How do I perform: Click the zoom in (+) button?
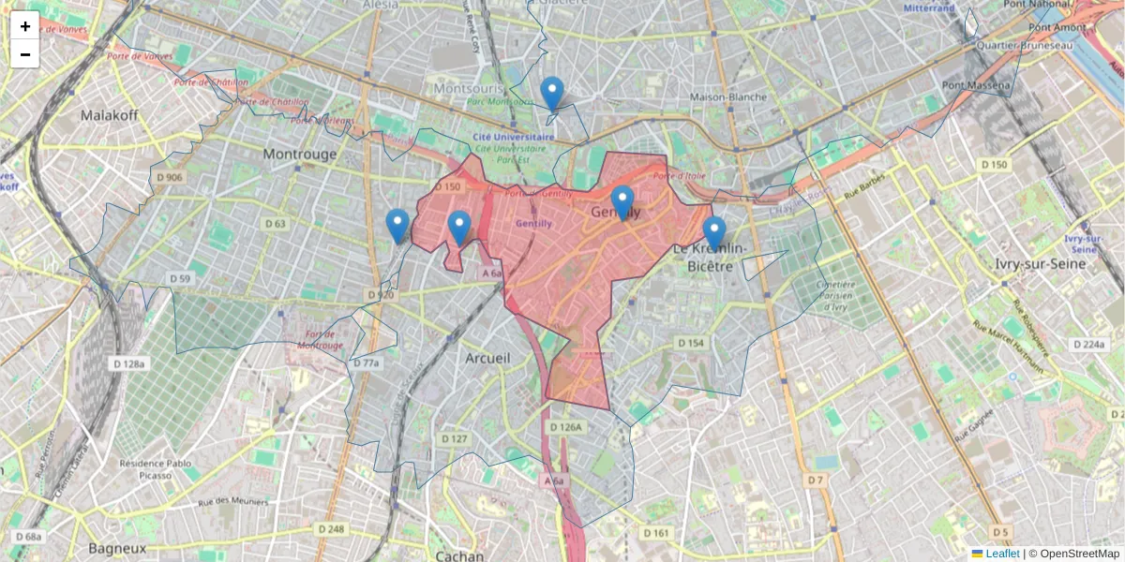click(x=25, y=26)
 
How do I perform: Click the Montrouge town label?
click(x=299, y=154)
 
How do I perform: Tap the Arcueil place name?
click(x=488, y=358)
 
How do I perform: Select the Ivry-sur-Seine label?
click(x=1042, y=263)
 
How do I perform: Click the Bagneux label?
click(x=117, y=547)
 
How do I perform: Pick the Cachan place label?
click(x=460, y=555)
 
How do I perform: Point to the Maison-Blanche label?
click(x=727, y=96)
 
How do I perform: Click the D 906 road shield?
click(x=170, y=177)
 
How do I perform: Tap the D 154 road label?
click(x=690, y=344)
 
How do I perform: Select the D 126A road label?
click(x=566, y=427)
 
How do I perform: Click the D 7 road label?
click(x=816, y=480)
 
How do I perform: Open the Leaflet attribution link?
click(x=1001, y=554)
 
